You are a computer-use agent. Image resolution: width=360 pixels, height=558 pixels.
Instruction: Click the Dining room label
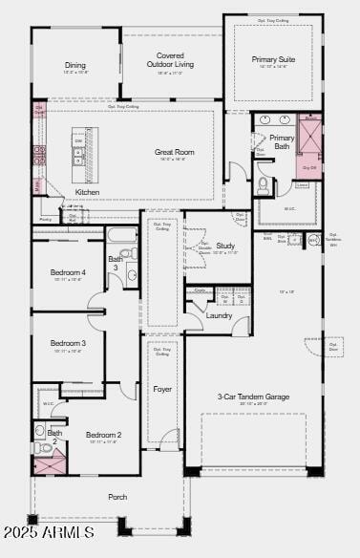[x=75, y=66]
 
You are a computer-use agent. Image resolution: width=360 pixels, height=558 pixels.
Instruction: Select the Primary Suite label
[x=273, y=59]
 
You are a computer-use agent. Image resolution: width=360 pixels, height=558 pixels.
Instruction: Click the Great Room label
[x=175, y=152]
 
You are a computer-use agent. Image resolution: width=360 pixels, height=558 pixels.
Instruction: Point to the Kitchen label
[x=87, y=192]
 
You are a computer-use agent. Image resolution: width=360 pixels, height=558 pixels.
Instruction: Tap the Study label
[x=225, y=246]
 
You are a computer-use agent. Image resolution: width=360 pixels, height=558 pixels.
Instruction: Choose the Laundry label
[x=219, y=315]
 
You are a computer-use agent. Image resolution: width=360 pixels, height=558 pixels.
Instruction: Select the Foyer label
[x=162, y=389]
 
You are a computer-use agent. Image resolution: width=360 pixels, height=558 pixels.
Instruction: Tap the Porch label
[x=117, y=497]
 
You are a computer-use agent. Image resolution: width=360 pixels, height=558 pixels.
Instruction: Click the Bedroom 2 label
[x=104, y=435]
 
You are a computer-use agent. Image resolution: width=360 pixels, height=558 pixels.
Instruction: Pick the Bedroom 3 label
[x=68, y=343]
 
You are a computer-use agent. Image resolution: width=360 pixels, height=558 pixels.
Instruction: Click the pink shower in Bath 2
[x=50, y=464]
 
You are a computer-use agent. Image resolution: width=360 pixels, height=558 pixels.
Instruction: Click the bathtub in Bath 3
[x=122, y=234]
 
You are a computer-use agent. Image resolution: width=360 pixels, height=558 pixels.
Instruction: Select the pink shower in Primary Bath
[x=310, y=135]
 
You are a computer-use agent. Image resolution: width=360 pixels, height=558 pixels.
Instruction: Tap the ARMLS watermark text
[x=48, y=531]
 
